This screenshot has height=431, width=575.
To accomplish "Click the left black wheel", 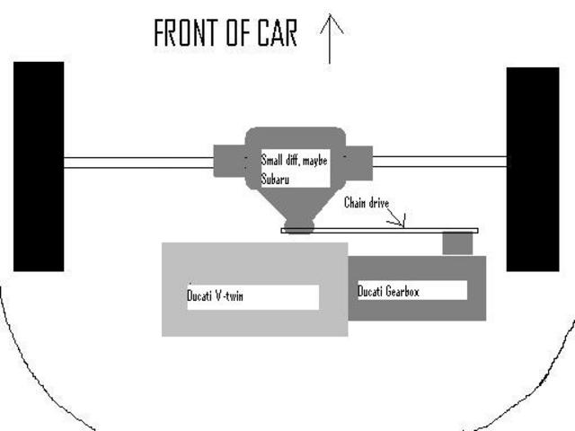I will click(38, 166).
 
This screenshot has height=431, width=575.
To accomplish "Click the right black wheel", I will click(533, 169).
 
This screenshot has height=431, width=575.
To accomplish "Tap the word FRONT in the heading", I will click(184, 34).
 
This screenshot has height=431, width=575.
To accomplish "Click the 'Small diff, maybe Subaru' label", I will click(293, 169).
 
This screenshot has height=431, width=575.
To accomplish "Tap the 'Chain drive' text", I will click(367, 203).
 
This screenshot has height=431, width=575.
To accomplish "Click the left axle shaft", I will click(139, 163).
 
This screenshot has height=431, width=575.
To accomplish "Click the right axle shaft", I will click(439, 162).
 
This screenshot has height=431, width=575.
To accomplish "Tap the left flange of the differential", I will click(229, 162).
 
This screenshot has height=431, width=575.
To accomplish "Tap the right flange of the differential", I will click(357, 162).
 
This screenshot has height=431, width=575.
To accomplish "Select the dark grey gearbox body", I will click(418, 311).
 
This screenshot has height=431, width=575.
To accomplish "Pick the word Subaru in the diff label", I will click(278, 178).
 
